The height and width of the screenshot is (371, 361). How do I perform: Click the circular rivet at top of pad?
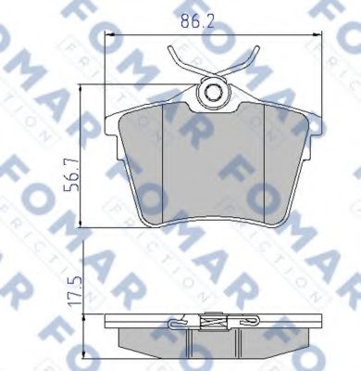click(x=215, y=92)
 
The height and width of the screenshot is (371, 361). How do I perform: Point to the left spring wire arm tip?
click(x=170, y=52)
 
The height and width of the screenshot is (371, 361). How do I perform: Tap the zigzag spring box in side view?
click(x=214, y=324)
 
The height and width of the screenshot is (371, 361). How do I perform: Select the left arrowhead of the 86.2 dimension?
click(x=112, y=35)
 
